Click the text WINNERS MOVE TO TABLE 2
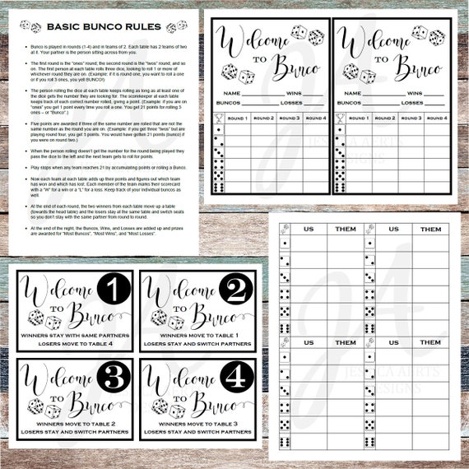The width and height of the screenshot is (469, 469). click(75, 424)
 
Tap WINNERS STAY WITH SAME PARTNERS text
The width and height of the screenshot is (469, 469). click(75, 335)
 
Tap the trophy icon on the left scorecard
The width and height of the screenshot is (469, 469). click(217, 119)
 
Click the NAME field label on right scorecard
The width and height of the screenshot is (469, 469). click(353, 93)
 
